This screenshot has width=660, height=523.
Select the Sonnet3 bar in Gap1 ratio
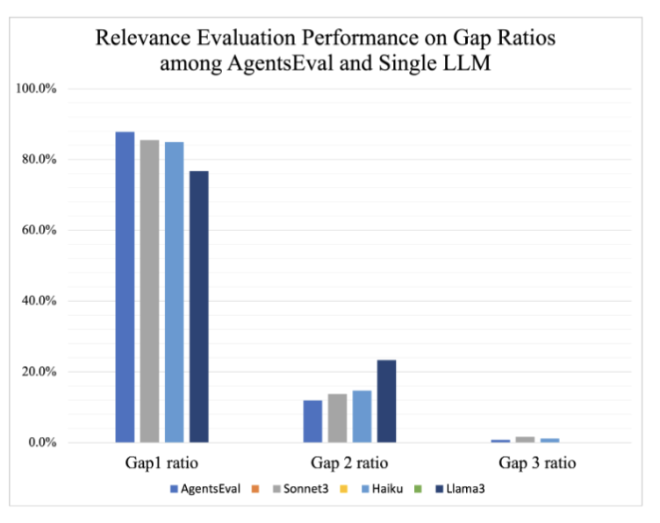(x=149, y=291)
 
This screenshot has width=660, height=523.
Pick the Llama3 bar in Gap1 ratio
(x=198, y=306)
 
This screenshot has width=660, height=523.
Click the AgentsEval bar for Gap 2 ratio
(x=312, y=421)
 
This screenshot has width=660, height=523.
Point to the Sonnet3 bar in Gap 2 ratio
(x=337, y=418)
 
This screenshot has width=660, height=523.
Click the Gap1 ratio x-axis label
(x=161, y=462)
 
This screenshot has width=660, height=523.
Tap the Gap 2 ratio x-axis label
(x=349, y=462)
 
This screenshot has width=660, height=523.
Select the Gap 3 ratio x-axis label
(x=537, y=462)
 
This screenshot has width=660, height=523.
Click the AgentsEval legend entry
(x=204, y=488)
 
